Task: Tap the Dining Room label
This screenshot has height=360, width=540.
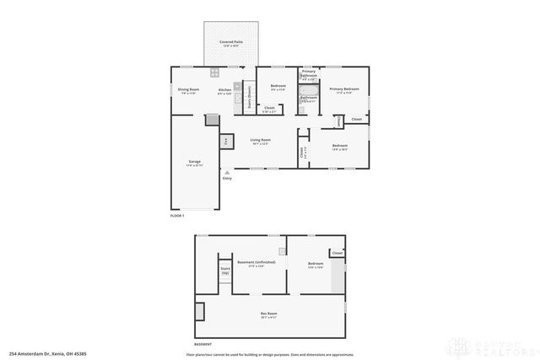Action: [187, 91]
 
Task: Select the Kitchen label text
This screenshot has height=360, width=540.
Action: [224, 91]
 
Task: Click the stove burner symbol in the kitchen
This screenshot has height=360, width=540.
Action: [215, 72]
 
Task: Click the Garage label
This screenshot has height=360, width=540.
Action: [194, 163]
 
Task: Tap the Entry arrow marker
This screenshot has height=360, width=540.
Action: [226, 172]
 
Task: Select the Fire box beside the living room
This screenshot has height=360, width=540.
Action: [226, 142]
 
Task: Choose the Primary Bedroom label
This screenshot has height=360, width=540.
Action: [344, 89]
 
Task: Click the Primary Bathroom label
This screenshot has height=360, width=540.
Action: [309, 74]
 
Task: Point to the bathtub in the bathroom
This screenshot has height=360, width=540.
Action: [308, 89]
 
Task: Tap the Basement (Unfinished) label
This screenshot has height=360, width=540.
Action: [256, 263]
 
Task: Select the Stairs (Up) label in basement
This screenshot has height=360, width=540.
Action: [225, 271]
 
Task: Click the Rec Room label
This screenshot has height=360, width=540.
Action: [268, 315]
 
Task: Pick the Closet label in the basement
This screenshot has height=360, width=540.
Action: [337, 253]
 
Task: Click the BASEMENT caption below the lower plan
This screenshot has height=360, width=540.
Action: [203, 344]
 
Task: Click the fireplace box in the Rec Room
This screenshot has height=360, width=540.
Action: [199, 311]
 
